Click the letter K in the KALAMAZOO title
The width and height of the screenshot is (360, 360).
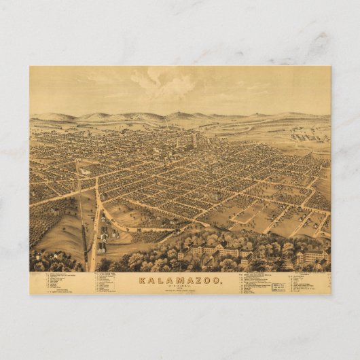click(x=142, y=280)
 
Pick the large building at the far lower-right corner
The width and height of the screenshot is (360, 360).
click(x=313, y=256)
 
